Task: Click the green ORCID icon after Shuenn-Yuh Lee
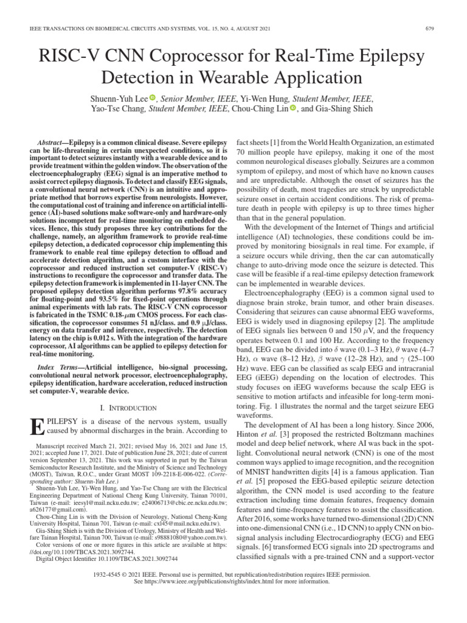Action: point(153,98)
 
